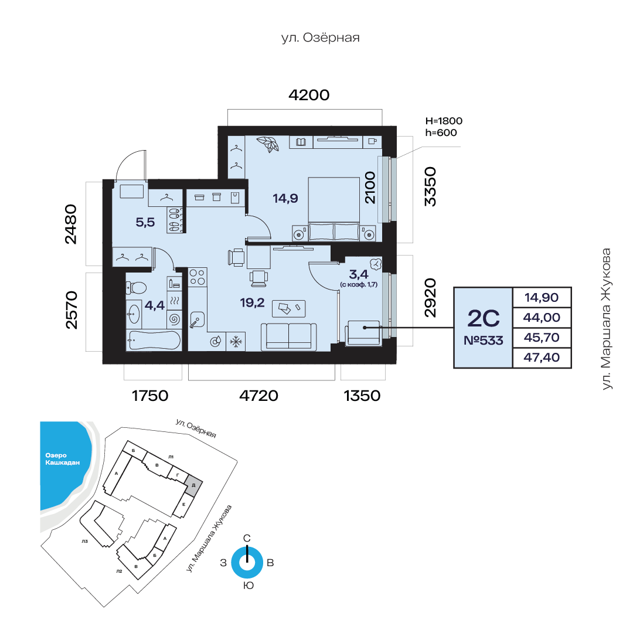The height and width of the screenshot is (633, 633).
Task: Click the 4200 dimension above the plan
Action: click(x=309, y=96)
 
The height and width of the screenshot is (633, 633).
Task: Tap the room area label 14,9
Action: click(x=285, y=198)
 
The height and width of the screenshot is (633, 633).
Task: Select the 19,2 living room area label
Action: click(x=252, y=302)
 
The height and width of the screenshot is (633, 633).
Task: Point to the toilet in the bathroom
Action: click(x=136, y=288)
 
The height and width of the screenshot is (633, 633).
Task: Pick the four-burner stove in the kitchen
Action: click(x=198, y=277)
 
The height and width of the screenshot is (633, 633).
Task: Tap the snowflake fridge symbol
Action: click(x=236, y=342)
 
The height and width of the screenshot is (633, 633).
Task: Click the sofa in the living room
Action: click(x=288, y=336)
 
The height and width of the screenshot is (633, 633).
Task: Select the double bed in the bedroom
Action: click(x=334, y=209)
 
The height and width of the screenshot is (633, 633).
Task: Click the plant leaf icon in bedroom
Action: click(x=268, y=144)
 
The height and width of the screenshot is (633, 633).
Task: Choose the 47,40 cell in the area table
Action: click(x=542, y=358)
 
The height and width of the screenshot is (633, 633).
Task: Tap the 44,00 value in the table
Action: click(x=542, y=318)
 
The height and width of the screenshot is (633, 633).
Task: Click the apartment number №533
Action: click(x=484, y=341)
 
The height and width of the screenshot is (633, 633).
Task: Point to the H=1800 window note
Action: click(x=444, y=121)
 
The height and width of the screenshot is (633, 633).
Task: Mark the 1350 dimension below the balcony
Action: click(x=362, y=396)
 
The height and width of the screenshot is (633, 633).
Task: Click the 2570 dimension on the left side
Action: click(x=71, y=309)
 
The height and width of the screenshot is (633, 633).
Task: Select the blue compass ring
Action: click(x=247, y=562)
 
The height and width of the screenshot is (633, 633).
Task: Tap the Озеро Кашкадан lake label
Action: click(x=62, y=459)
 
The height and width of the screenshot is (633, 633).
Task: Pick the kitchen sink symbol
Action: click(x=197, y=321)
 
